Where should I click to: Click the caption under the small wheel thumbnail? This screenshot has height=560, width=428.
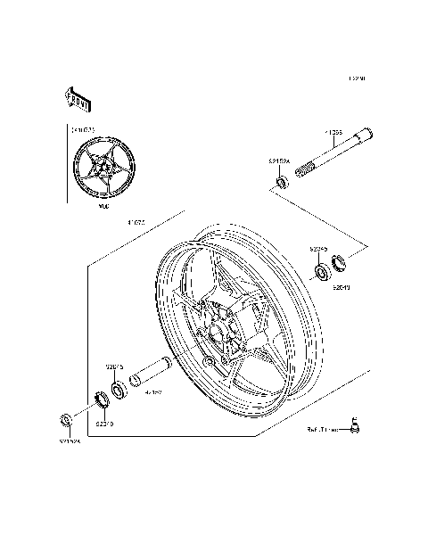click(x=103, y=204)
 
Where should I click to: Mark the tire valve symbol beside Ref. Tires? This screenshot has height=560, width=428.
click(x=354, y=426)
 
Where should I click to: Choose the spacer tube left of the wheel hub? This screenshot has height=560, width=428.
click(x=151, y=370)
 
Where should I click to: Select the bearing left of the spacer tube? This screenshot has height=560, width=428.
click(x=118, y=390)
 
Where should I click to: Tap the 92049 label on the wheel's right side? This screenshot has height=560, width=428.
click(x=342, y=287)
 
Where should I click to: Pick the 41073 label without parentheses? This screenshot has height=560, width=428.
click(x=136, y=222)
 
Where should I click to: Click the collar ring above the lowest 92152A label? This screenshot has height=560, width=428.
click(x=64, y=420)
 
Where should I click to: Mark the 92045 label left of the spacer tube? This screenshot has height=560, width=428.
click(x=114, y=365)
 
